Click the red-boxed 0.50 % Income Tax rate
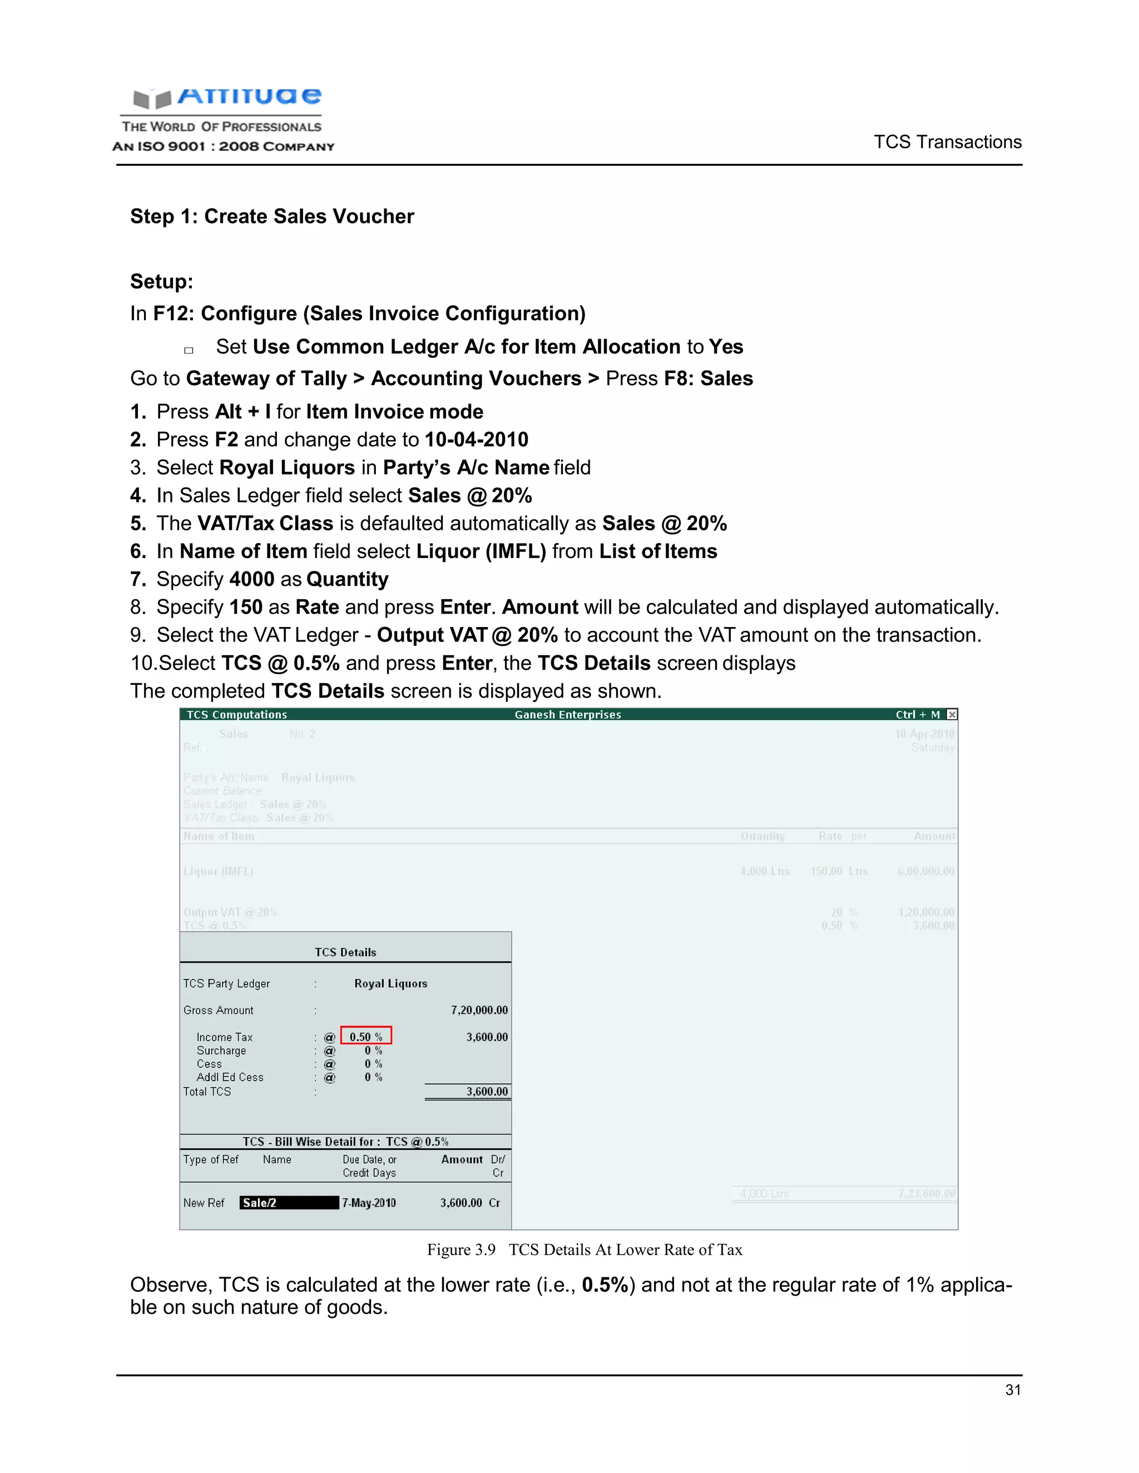pyautogui.click(x=366, y=1037)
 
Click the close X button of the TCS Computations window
pyautogui.click(x=952, y=714)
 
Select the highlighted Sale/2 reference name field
pyautogui.click(x=289, y=1202)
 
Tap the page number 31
pyautogui.click(x=1012, y=1390)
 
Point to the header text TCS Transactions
pyautogui.click(x=947, y=142)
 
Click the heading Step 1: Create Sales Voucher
pyautogui.click(x=272, y=216)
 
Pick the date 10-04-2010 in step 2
pyautogui.click(x=477, y=440)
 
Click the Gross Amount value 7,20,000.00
pyautogui.click(x=479, y=1009)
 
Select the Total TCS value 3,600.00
pyautogui.click(x=487, y=1091)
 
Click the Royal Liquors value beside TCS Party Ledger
pyautogui.click(x=390, y=983)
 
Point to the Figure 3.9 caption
pyautogui.click(x=585, y=1250)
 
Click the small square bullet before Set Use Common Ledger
pyautogui.click(x=189, y=350)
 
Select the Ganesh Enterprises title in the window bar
pyautogui.click(x=567, y=714)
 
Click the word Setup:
pyautogui.click(x=161, y=281)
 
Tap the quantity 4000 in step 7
pyautogui.click(x=252, y=579)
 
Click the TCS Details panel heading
pyautogui.click(x=345, y=952)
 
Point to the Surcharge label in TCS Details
pyautogui.click(x=221, y=1050)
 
